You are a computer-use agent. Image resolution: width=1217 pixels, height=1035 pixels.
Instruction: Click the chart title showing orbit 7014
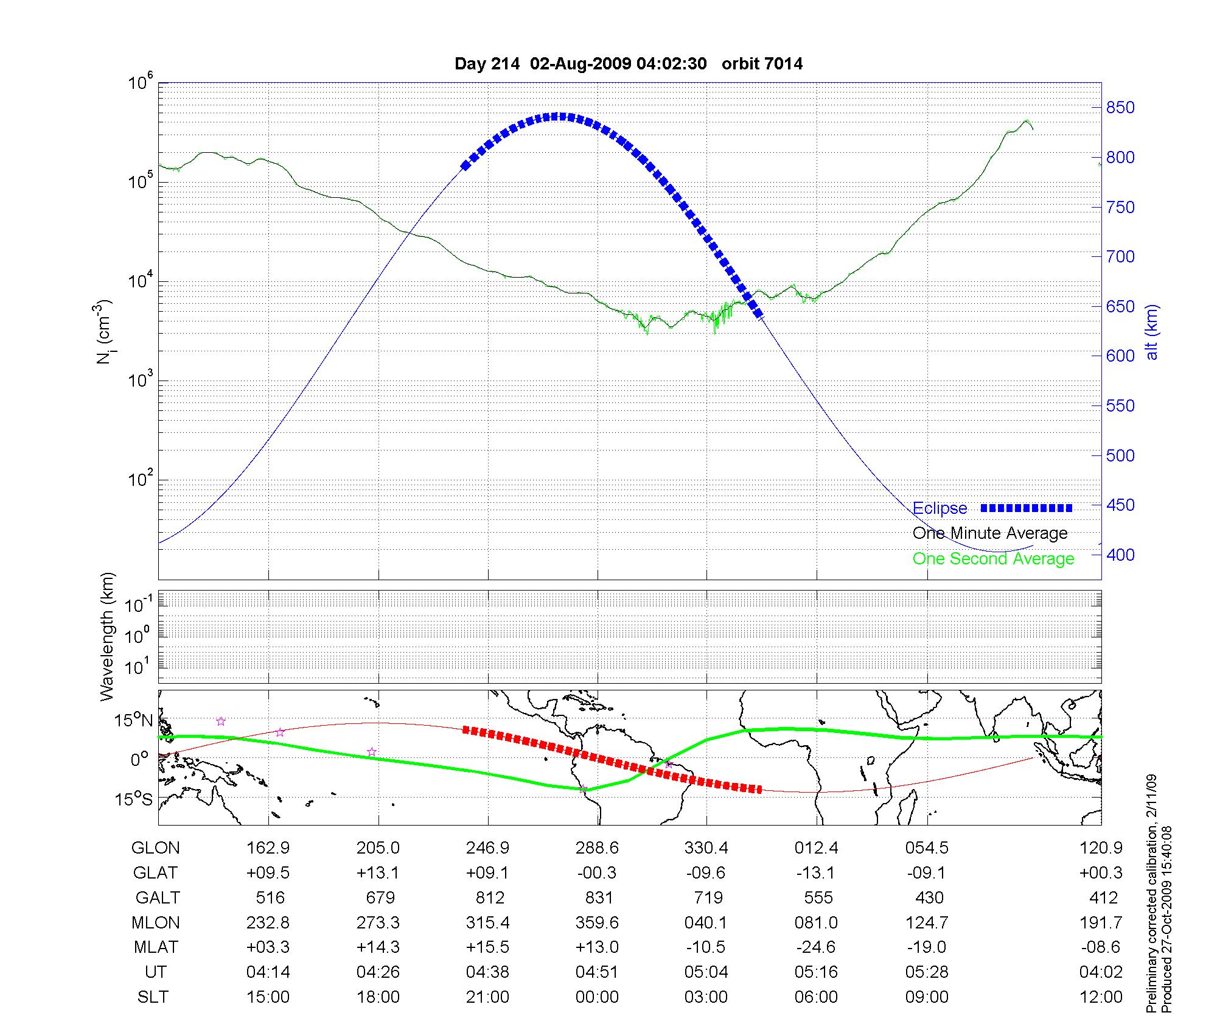(x=628, y=63)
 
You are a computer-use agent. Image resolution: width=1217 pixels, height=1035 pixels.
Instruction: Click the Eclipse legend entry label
(x=940, y=508)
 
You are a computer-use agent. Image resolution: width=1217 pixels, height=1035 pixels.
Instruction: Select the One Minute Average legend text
(x=990, y=533)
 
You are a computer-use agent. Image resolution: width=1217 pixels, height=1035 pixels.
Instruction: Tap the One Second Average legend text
(x=993, y=559)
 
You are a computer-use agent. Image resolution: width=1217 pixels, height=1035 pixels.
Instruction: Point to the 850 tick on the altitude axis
(x=1120, y=108)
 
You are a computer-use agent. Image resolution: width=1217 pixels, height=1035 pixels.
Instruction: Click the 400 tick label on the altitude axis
(x=1120, y=555)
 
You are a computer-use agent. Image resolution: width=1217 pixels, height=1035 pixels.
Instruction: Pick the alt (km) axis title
(x=1152, y=332)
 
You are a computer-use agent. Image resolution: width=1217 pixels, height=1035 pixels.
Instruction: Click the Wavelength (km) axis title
(x=107, y=636)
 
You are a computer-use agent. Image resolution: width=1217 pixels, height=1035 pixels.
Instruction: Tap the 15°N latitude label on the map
(x=133, y=721)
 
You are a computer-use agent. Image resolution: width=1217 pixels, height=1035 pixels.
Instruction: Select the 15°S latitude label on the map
(x=133, y=799)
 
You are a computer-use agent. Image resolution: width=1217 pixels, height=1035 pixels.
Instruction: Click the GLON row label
(x=155, y=848)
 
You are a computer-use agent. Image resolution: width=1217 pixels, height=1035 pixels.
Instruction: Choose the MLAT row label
(x=156, y=947)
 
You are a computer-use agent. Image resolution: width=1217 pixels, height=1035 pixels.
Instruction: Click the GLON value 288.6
(x=597, y=848)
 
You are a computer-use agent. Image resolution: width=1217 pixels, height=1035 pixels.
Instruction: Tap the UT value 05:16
(x=816, y=972)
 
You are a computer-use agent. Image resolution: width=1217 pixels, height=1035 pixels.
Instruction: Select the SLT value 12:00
(x=1100, y=997)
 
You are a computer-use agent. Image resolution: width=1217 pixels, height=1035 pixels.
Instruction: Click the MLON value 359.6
(x=597, y=922)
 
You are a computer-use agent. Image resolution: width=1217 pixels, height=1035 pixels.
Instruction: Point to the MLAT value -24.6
(x=816, y=947)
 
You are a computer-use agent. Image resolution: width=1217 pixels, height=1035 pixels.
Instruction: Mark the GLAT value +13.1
(x=378, y=873)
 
